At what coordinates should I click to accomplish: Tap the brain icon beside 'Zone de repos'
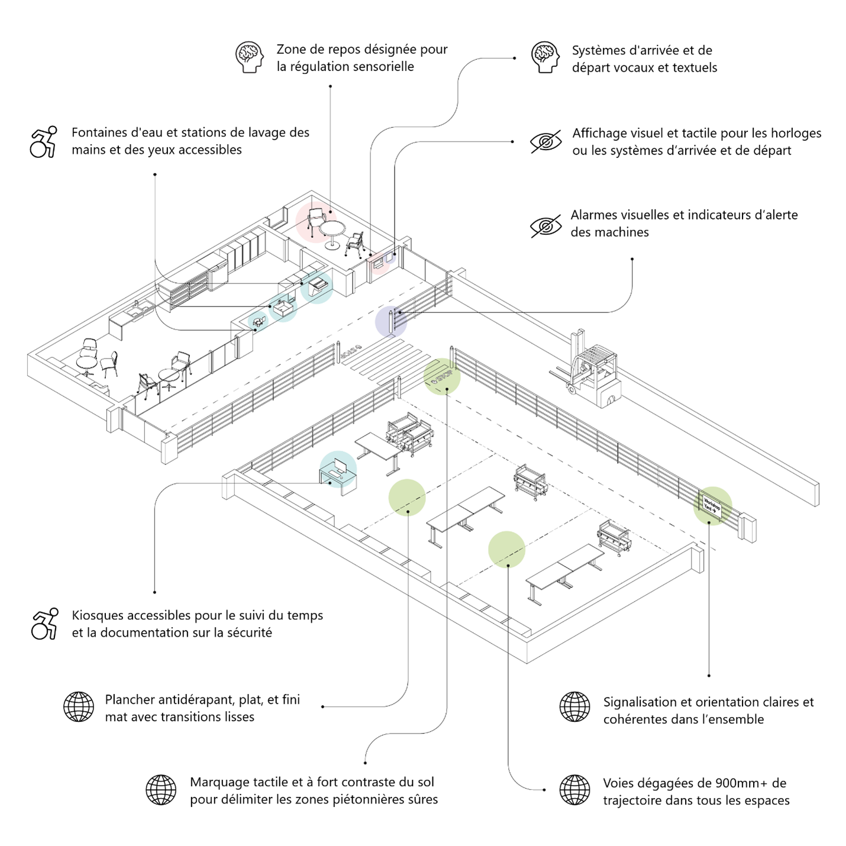(x=249, y=57)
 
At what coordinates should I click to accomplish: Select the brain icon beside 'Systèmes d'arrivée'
(x=545, y=57)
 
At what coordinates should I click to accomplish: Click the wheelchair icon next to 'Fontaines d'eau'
(x=44, y=141)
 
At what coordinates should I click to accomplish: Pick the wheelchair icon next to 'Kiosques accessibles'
(x=45, y=624)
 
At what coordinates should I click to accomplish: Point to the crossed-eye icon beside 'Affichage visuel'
(x=545, y=142)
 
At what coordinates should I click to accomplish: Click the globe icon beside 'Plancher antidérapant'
(x=79, y=707)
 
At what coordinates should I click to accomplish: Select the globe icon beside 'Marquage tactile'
(x=161, y=790)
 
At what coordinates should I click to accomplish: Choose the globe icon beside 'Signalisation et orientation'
(x=574, y=707)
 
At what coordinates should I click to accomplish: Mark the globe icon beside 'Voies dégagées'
(x=574, y=790)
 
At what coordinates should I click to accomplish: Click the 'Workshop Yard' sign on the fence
(x=712, y=507)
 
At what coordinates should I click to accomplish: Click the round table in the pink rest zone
(x=332, y=231)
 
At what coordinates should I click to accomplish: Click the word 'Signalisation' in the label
(x=640, y=702)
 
